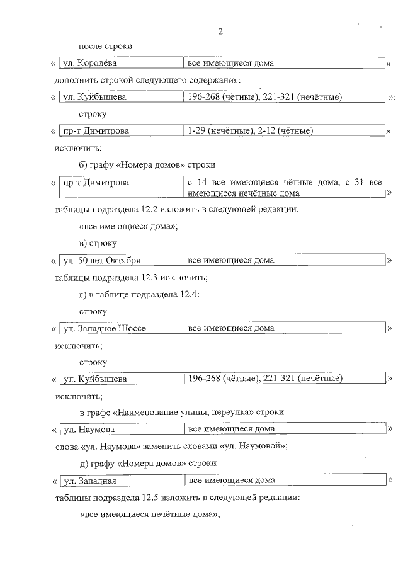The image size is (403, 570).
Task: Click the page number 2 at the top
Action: [x=220, y=31]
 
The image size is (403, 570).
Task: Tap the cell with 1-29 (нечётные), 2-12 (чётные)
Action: [x=251, y=131]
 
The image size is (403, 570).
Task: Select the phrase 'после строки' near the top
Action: [x=105, y=47]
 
